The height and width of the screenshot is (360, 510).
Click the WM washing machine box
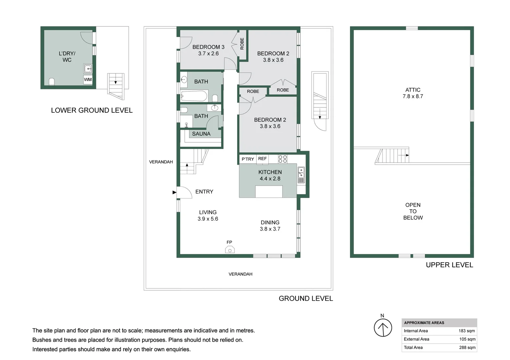pos(88,80)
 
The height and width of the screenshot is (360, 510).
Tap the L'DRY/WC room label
pos(67,57)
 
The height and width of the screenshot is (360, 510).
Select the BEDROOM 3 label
pos(208,47)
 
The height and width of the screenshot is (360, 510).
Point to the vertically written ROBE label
pos(242,44)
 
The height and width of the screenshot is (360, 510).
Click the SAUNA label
pos(201,134)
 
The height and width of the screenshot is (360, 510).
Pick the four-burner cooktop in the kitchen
pos(283,159)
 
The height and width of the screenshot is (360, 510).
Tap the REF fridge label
pos(263,159)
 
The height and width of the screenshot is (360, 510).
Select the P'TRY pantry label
pos(247,159)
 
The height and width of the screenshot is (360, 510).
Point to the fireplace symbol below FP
pos(230,250)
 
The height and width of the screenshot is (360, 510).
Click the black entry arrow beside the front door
pos(174,192)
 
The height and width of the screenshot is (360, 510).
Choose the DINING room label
pos(270,222)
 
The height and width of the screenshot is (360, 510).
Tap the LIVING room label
pos(208,212)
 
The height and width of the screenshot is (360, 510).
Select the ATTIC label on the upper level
pos(413,90)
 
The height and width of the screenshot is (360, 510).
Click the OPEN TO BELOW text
pos(413,211)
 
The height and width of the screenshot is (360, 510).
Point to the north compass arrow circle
pos(383,328)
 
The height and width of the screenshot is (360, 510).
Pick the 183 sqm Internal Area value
pos(467,331)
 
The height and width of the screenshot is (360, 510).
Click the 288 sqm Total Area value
pos(467,347)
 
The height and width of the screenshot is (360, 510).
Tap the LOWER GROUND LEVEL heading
pos(92,110)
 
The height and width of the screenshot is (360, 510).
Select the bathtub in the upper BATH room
pos(194,96)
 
